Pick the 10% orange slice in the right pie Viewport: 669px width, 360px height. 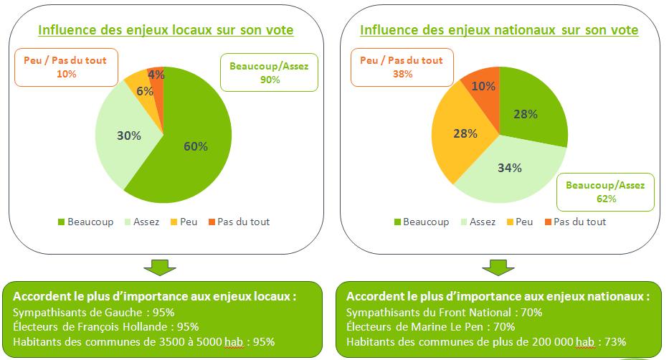[481, 86]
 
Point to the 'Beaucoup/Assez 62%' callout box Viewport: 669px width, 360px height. [605, 191]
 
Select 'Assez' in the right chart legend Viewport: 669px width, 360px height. [483, 222]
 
